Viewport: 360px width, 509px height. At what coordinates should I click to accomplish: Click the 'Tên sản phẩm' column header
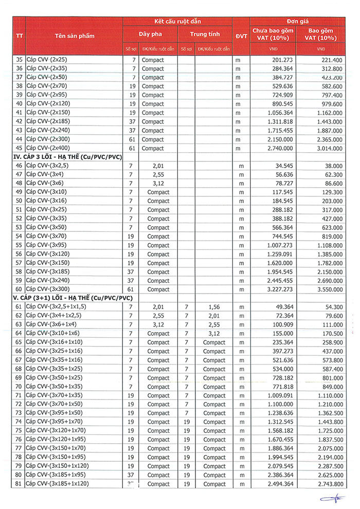pos(75,36)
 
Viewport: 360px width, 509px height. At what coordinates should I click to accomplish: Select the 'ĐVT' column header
pos(240,36)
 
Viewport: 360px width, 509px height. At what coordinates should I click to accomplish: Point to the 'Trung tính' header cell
pos(205,34)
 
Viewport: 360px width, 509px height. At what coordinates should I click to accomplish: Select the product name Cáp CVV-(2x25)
pos(47,60)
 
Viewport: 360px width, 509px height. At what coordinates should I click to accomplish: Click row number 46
pos(19,166)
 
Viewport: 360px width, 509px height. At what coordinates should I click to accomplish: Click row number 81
pos(19,484)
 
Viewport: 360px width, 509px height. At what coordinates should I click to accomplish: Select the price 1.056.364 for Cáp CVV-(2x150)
pos(280,113)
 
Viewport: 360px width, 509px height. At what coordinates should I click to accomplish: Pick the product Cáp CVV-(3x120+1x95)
pos(57,440)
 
